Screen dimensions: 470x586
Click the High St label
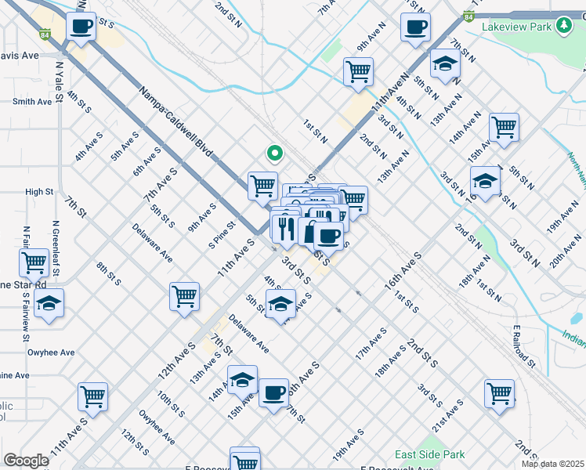tap(38, 191)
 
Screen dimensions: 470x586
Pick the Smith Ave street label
tap(32, 101)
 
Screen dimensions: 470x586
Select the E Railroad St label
tap(523, 347)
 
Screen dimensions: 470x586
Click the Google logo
tap(26, 460)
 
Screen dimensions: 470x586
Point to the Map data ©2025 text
tap(552, 464)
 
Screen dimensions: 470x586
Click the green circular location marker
tap(273, 154)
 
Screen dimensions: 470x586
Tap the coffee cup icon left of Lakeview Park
tap(415, 27)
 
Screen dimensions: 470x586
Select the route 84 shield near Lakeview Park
tap(468, 15)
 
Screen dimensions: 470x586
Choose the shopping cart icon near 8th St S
tap(184, 296)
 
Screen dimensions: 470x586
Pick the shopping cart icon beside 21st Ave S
tap(499, 393)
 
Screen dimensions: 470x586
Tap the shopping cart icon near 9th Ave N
tap(358, 71)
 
